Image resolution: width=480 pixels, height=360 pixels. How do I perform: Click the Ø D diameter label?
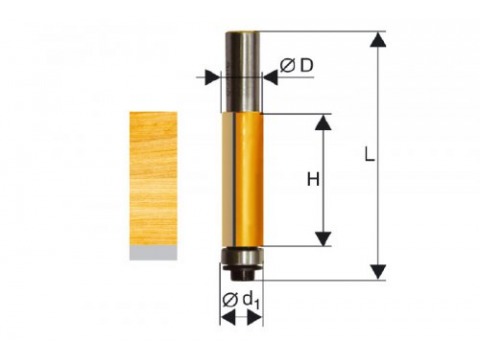297,66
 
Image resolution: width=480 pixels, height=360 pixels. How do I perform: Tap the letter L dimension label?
369,154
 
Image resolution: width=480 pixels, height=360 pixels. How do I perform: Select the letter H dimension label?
313,180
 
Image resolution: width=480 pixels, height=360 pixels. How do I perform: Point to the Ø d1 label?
241,300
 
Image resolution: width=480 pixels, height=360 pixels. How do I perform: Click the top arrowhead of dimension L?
378,39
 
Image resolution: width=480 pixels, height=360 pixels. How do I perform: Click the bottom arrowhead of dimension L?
378,272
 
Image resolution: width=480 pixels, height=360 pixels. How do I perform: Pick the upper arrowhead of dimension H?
323,122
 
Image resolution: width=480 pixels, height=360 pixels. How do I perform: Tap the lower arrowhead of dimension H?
323,239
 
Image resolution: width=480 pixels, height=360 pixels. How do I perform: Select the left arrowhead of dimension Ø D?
212,77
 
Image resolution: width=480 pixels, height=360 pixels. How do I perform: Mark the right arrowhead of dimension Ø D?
270,77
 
